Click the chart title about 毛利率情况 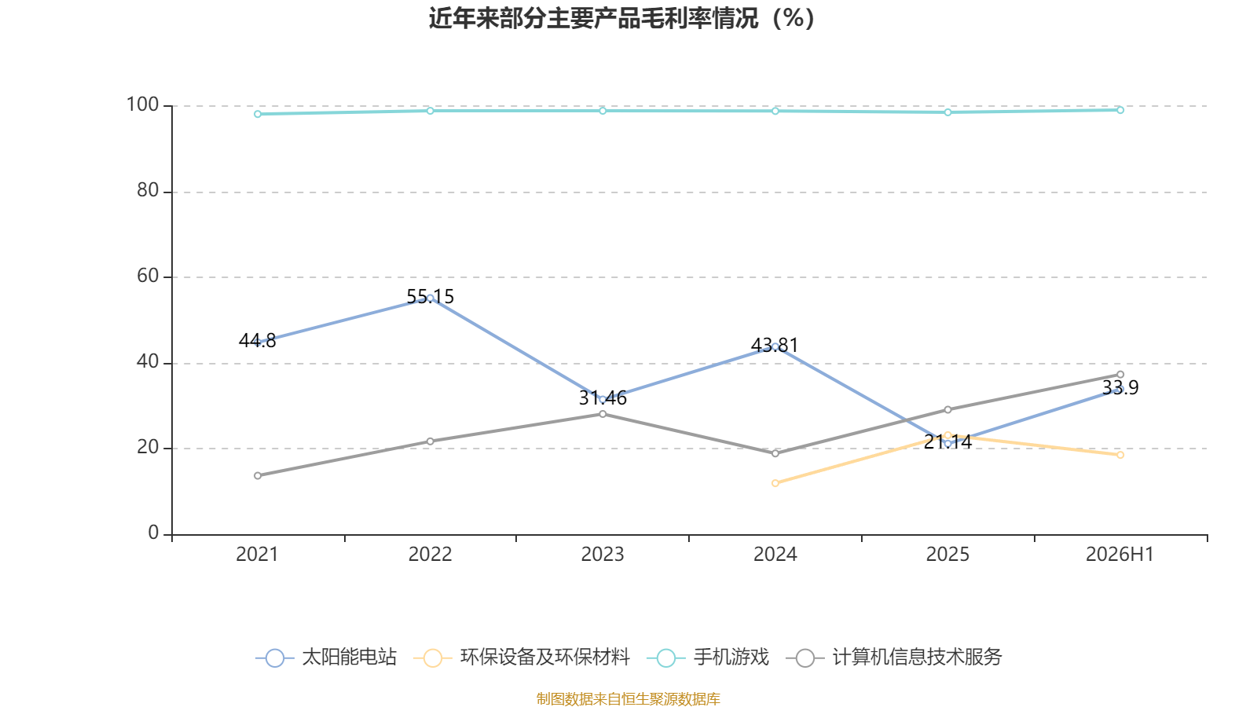point(621,19)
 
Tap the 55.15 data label point(430,297)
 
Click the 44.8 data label point(257,341)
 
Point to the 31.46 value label point(603,398)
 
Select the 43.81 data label point(775,345)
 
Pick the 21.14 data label point(947,442)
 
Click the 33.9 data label point(1120,388)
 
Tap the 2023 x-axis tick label point(603,555)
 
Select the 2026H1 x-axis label point(1120,555)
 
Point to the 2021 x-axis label point(257,555)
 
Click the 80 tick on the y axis point(148,190)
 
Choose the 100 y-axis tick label point(142,104)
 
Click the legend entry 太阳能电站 point(326,657)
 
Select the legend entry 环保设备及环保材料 point(522,657)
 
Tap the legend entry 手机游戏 point(708,657)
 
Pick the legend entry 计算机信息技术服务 point(894,657)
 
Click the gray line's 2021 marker point(258,476)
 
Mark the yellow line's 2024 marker point(775,483)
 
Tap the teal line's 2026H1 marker point(1120,110)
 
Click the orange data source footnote point(628,698)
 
